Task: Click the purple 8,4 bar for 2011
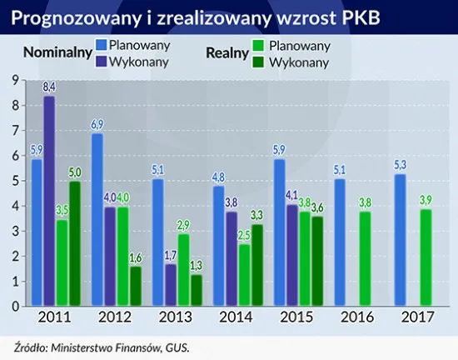coord(50,202)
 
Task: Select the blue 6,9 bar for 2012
coord(97,219)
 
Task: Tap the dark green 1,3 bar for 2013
coord(196,290)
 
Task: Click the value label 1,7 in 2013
coord(171,256)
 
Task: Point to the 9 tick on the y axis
coord(14,80)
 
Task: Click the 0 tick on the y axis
coord(14,306)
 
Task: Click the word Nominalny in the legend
coord(57,52)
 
